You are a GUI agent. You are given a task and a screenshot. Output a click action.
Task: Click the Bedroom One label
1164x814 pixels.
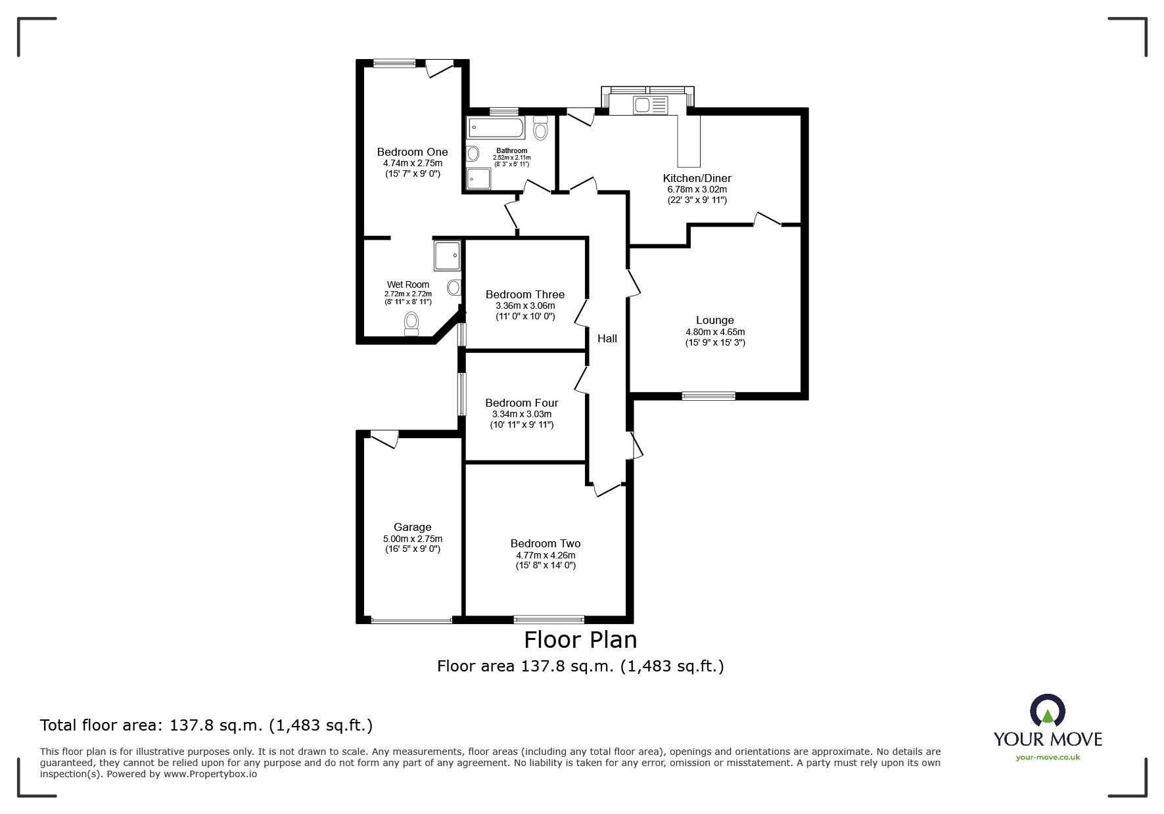tap(412, 152)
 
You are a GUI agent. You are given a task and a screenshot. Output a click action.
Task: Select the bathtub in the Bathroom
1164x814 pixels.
tap(495, 128)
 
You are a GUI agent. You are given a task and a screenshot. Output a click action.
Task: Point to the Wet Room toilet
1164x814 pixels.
tap(411, 323)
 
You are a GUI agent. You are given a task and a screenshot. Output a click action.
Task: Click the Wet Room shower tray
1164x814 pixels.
tap(447, 256)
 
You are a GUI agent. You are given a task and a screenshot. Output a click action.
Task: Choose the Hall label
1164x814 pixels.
tap(607, 338)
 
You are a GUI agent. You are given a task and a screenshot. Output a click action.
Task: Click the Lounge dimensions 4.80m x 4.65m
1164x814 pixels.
tap(715, 332)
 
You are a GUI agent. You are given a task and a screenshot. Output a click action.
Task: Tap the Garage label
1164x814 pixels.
tap(412, 527)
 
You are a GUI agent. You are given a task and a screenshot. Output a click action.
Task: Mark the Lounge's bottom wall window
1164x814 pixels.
tap(708, 396)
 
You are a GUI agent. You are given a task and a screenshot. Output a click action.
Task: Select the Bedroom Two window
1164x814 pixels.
tap(548, 618)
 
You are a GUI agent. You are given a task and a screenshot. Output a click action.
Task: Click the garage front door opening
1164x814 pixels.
tap(411, 620)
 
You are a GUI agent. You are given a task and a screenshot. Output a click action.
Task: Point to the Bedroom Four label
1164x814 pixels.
tap(521, 403)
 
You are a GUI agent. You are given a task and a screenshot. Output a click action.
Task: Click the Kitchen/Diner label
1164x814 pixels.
tap(697, 178)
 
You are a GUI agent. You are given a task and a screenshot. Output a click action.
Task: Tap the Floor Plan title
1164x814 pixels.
tap(580, 639)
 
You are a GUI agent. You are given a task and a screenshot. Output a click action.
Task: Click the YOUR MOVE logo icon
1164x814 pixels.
tap(1047, 712)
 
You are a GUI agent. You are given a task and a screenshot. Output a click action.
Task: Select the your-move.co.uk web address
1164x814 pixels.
tap(1048, 757)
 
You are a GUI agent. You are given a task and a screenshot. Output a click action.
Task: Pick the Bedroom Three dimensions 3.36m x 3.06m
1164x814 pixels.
tap(524, 305)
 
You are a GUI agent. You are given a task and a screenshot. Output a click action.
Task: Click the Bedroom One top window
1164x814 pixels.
tap(394, 64)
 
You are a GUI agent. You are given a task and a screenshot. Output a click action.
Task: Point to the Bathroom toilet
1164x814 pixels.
tap(540, 128)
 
